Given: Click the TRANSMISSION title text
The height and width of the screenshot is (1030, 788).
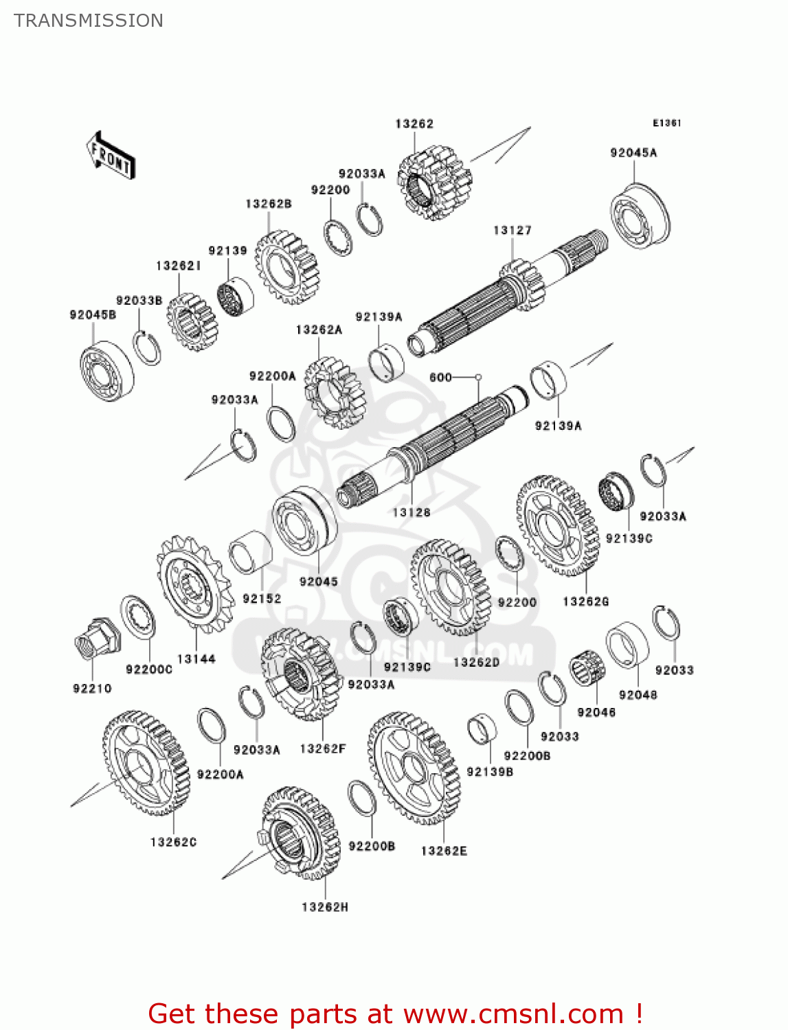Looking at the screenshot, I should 89,21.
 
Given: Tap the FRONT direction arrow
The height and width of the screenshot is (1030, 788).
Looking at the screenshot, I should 111,156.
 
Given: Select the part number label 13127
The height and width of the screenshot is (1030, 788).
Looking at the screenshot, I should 512,231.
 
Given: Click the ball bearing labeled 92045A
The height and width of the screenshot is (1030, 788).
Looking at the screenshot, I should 640,214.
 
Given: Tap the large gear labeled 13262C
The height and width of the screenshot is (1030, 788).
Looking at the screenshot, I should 146,763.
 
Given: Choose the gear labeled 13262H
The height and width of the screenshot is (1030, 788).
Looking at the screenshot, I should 302,833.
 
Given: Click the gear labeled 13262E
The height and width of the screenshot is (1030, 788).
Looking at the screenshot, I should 414,768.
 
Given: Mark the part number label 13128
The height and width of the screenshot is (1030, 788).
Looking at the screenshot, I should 411,512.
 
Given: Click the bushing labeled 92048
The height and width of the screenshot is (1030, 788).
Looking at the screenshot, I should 627,645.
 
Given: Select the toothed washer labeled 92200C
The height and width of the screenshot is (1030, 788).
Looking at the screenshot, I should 138,617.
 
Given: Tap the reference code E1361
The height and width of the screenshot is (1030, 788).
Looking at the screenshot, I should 666,123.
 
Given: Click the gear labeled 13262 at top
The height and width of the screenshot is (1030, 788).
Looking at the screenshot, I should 434,183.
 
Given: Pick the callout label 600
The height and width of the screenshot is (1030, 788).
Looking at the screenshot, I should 440,377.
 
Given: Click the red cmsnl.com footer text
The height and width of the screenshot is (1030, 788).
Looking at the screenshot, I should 395,1014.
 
